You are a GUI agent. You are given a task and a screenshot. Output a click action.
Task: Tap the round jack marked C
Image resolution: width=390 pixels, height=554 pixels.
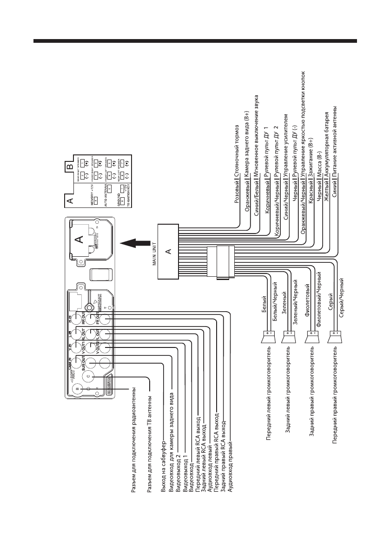pyautogui.click(x=91, y=377)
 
